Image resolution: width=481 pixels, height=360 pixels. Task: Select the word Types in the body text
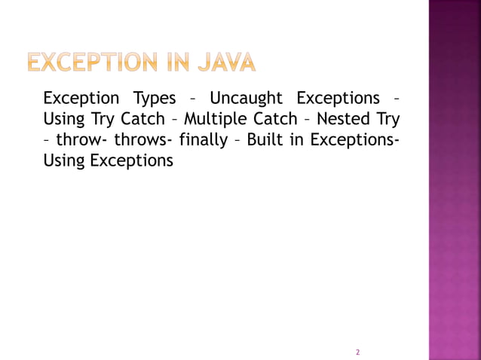[154, 99]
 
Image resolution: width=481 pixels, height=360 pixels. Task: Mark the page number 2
[357, 352]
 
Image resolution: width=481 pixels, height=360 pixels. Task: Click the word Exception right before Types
[81, 99]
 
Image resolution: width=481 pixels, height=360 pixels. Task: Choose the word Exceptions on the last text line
[131, 160]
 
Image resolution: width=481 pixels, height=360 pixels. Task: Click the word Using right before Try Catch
[64, 119]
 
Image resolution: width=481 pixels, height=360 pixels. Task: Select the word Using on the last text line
[64, 160]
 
